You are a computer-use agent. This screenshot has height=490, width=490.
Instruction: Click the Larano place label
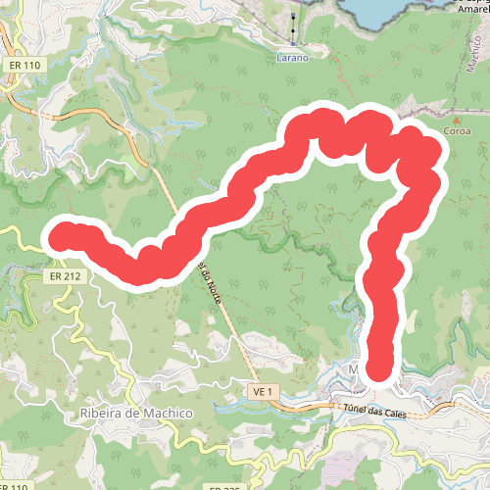293,58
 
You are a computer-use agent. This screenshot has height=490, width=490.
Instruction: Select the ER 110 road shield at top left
26,65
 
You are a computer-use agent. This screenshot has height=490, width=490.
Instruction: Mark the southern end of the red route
380,368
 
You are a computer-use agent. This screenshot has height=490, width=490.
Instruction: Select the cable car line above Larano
294,24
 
